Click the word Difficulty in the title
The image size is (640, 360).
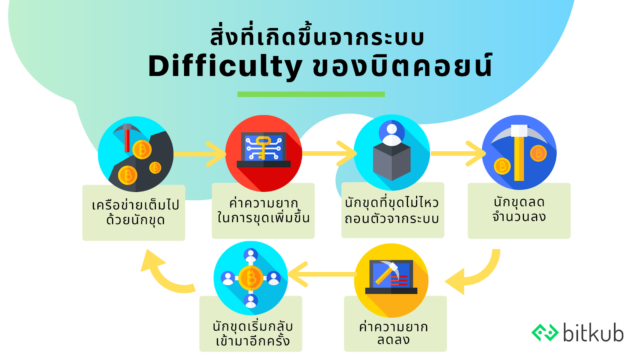click(x=225, y=67)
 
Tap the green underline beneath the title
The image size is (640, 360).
click(x=311, y=94)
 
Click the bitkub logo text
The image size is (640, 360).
click(x=593, y=332)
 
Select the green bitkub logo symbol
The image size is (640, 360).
click(x=545, y=332)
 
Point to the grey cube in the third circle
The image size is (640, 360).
click(x=392, y=161)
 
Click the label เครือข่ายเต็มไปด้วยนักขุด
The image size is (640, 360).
click(x=136, y=212)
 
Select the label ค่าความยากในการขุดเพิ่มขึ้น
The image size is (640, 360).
click(x=263, y=211)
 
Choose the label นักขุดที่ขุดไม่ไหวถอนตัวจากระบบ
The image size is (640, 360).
click(x=392, y=211)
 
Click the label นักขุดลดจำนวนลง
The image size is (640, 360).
click(x=519, y=209)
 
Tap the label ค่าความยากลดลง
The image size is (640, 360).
click(x=394, y=333)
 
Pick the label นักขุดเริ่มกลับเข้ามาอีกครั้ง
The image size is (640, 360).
click(x=252, y=334)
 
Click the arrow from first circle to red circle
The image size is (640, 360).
click(x=200, y=154)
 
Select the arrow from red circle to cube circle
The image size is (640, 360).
click(x=330, y=154)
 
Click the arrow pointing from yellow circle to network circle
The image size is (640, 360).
click(x=322, y=274)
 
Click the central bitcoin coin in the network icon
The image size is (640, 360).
click(x=250, y=278)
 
